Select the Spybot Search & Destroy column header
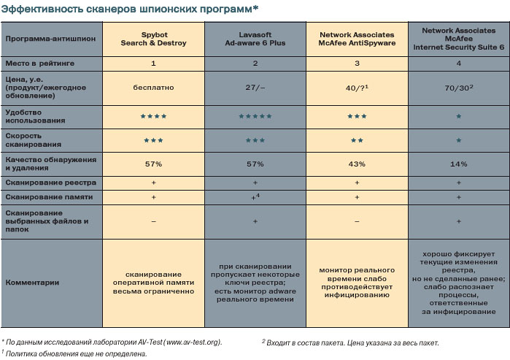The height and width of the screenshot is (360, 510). point(153,39)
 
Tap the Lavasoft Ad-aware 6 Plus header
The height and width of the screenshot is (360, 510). point(255,39)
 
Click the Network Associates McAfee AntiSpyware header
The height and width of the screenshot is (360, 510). point(357,39)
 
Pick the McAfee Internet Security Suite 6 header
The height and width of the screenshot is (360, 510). point(458,39)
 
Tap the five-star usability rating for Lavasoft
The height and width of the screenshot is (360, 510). point(255,116)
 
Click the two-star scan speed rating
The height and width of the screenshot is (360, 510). point(357,139)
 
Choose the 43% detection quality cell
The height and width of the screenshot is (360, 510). point(357,164)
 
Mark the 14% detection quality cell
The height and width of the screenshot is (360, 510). point(458,164)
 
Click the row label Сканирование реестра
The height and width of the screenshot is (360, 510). point(43,182)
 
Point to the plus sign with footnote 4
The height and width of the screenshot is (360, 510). point(255,197)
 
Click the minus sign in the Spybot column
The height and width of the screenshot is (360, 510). point(153,220)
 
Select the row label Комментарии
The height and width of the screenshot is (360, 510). point(32,281)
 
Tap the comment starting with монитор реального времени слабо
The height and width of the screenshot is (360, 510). point(357,281)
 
